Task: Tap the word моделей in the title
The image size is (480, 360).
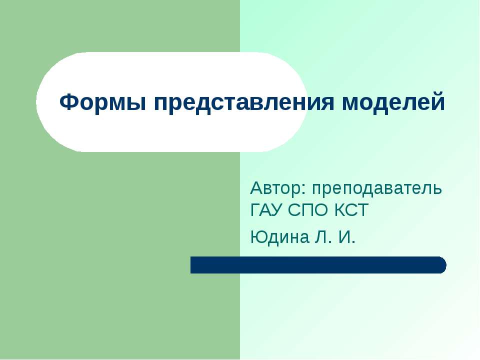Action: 392,103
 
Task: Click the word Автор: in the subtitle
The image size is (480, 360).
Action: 278,189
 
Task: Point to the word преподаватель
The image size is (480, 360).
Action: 377,189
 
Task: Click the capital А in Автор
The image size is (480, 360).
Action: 256,189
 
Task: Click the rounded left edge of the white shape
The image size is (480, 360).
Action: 38,102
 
